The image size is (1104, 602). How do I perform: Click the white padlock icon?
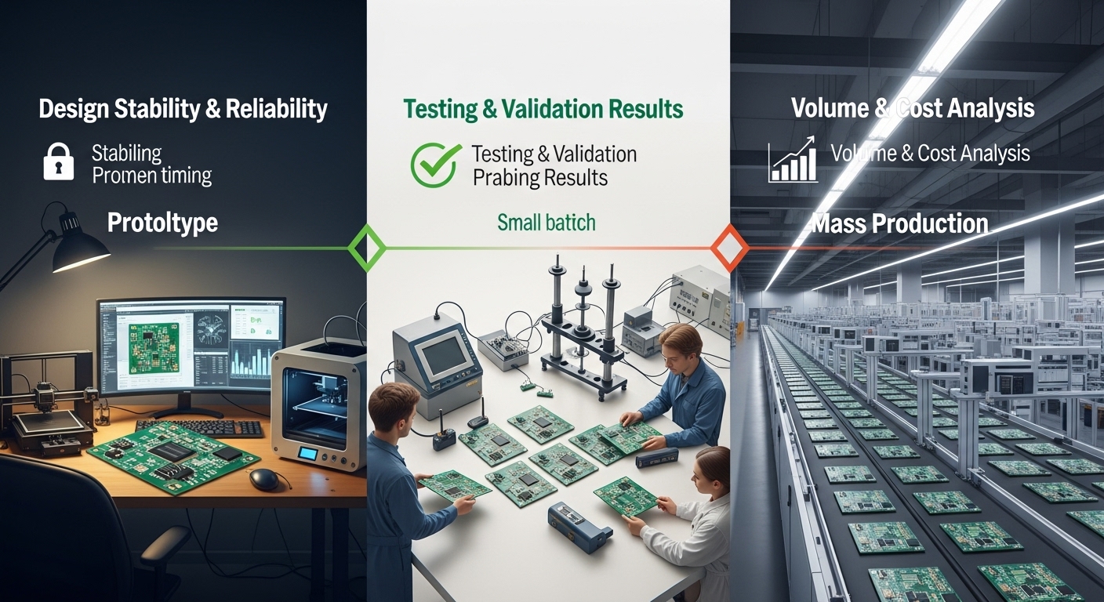pos(59,161)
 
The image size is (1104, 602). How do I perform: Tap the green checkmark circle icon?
pos(434,165)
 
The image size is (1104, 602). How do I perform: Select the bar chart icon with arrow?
pos(793,160)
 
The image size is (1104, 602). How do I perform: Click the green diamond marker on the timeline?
pos(367,248)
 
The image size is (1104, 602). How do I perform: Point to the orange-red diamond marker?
pos(730,248)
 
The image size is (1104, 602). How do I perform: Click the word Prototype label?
pos(162,223)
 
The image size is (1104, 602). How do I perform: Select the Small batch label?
pos(546,222)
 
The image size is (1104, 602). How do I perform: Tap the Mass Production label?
pos(899,223)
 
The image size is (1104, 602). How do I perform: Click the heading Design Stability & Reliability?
pos(183,109)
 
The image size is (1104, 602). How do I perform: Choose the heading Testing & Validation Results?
pos(543,109)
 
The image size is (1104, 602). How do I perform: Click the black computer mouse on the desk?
pos(264,479)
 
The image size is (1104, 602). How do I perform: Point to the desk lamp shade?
pos(78,245)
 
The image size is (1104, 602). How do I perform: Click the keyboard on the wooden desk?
pos(200,428)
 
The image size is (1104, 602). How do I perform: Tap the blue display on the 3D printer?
pos(308,454)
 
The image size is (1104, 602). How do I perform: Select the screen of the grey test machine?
pos(444,355)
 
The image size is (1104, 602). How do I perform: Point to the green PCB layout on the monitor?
pos(153,348)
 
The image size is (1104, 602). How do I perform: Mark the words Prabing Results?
pos(540,178)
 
